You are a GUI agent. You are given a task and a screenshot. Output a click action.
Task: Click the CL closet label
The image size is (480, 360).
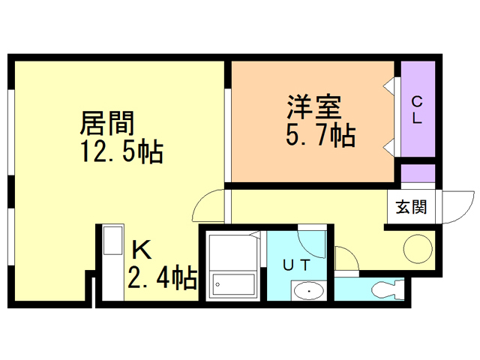417,109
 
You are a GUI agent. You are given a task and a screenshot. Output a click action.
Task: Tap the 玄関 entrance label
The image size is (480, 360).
412,206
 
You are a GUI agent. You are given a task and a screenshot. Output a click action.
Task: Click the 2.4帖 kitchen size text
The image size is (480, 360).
162,279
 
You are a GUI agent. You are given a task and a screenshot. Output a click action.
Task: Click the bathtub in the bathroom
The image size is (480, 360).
233,283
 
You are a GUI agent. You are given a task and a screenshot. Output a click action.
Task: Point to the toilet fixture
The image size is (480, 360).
387,288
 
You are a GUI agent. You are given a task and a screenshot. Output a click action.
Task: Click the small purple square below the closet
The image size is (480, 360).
418,173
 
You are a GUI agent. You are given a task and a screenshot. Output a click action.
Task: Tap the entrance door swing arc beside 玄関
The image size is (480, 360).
452,207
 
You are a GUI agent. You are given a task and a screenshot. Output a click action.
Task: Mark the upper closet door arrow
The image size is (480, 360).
390,85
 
